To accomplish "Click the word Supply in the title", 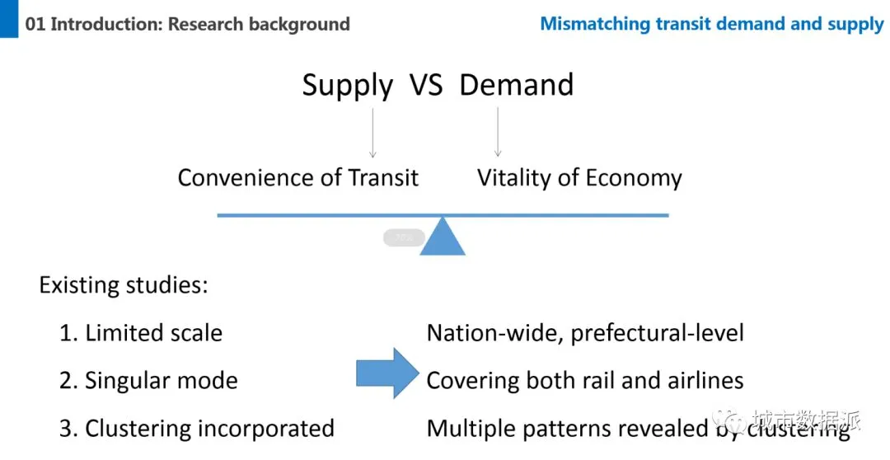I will pos(347,85).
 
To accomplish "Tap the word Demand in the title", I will pos(516,85).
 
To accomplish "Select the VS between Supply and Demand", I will pos(426,85).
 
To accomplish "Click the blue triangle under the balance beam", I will pos(443,237).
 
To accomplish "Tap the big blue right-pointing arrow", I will pos(387,373).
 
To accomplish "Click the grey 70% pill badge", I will pos(404,237).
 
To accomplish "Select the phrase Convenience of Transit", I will pos(298,178).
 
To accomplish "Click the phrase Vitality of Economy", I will pos(579,178).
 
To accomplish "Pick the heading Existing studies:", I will pos(124,286).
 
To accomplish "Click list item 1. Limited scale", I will pos(141,333).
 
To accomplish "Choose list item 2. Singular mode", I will pos(148,381).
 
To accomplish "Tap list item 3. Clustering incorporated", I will pos(197,429).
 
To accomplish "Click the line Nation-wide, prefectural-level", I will pos(585,333).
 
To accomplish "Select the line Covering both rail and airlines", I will pos(585,381).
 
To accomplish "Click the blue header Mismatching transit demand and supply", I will pos(711,24).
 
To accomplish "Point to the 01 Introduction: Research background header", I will pos(188,24).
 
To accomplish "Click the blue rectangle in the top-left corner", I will pos(8,18).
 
